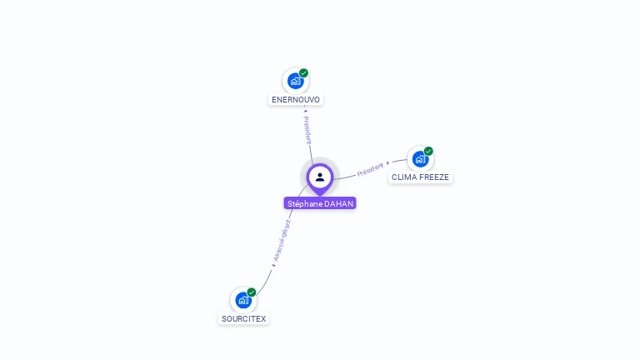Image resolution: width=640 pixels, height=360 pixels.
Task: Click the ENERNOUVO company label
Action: coord(296,99)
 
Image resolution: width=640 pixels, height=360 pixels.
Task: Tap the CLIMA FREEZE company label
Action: coord(420,177)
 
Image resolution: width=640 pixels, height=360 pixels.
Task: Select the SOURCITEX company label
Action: coord(244,318)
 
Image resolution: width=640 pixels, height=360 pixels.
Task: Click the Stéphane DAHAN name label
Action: coord(320,203)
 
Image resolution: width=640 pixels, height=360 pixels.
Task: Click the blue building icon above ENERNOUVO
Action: coord(295,81)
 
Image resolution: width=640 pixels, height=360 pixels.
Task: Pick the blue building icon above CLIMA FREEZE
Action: coord(420,158)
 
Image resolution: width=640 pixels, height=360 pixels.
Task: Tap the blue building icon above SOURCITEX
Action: coord(243,300)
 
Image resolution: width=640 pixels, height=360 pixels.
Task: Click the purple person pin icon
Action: coord(320,177)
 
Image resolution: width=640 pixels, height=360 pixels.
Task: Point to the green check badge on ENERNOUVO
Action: coord(304,72)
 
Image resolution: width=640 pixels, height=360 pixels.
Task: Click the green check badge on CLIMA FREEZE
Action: coord(428,151)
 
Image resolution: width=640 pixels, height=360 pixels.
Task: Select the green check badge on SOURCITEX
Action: coord(252,292)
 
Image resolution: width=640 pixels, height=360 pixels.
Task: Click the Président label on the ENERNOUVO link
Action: coord(307,130)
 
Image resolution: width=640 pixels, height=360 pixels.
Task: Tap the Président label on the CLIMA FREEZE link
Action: coord(371,169)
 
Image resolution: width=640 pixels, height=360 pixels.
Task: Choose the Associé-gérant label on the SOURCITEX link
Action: coord(283,241)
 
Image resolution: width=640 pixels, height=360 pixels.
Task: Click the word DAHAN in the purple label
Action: coord(339,203)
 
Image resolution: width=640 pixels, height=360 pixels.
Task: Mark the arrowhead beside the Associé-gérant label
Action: coord(273,266)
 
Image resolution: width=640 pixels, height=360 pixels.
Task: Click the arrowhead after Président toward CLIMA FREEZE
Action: coord(388,162)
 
